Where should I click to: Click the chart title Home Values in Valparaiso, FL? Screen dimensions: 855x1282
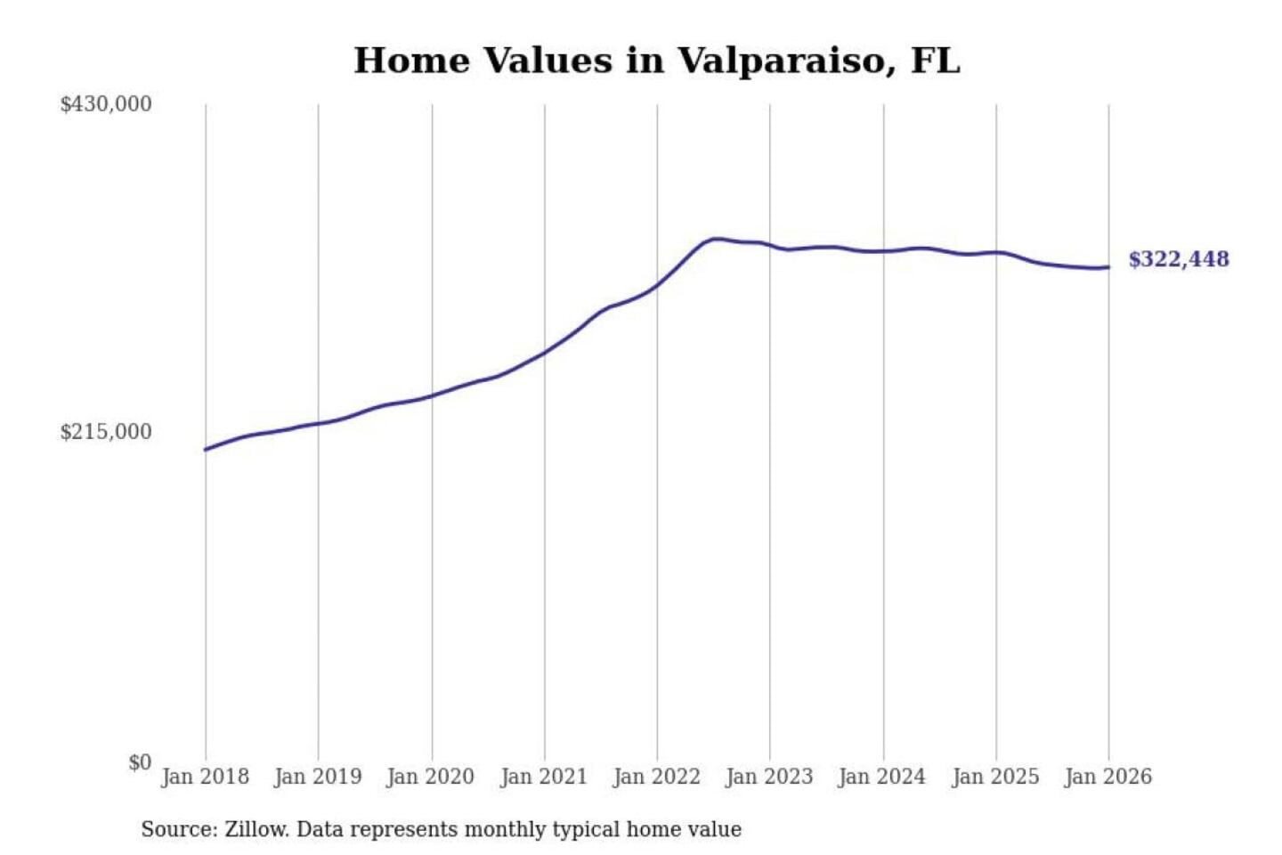click(x=657, y=61)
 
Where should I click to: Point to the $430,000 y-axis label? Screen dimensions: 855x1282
click(x=106, y=104)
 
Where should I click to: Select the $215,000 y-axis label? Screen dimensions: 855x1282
click(x=106, y=432)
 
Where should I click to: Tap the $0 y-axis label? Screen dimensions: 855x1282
click(x=140, y=762)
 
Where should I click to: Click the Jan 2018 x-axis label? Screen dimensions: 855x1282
click(x=205, y=777)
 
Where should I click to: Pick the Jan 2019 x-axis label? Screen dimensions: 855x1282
click(x=318, y=777)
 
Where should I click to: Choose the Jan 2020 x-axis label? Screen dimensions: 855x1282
click(x=430, y=777)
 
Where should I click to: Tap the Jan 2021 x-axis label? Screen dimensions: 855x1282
click(x=544, y=777)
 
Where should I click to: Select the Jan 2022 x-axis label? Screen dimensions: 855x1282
click(x=656, y=777)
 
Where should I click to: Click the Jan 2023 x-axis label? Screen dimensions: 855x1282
click(x=769, y=777)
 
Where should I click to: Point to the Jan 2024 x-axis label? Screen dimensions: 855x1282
click(x=882, y=777)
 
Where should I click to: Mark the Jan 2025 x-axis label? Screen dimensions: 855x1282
click(x=995, y=777)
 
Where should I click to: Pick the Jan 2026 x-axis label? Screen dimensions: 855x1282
click(x=1108, y=777)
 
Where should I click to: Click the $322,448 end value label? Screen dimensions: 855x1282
click(x=1179, y=259)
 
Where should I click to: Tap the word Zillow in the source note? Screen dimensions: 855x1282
click(x=256, y=830)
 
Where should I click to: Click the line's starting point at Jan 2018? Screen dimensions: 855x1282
click(x=206, y=450)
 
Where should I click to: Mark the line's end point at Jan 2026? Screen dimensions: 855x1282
click(x=1108, y=267)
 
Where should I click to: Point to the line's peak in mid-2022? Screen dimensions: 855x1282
click(x=716, y=239)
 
